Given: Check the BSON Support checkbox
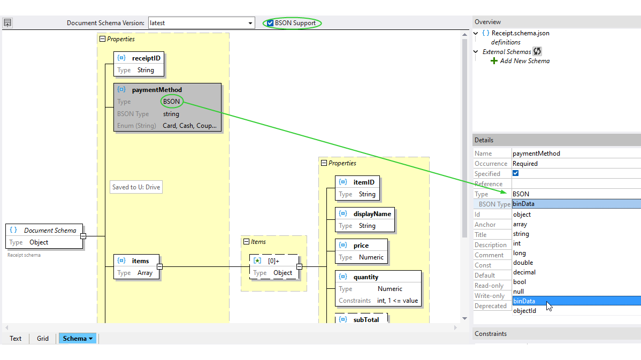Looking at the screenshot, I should coord(270,23).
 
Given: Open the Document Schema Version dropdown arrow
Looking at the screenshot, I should coord(250,23).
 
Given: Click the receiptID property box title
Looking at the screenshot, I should coord(146,58).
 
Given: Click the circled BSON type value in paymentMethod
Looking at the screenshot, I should coord(171,102).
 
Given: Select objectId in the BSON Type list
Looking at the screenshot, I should coord(524,311).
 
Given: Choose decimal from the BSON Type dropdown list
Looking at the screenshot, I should coord(524,272).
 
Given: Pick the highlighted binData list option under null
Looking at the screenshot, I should coord(524,301).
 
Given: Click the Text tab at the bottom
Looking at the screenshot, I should coord(16,339).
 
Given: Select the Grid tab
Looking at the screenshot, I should coord(43,339).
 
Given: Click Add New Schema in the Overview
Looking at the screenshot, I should coord(524,61).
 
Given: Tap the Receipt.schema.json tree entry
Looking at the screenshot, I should coord(520,33).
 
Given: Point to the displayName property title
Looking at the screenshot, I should coord(372,214).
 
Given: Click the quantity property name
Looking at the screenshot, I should coord(365,277).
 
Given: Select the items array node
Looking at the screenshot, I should coord(140,261).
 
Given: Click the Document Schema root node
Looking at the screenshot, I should coord(50,231).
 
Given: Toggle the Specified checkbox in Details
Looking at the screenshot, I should coord(516,173).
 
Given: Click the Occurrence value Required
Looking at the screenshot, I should coord(525,164).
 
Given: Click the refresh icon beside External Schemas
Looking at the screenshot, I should coord(537,51).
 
